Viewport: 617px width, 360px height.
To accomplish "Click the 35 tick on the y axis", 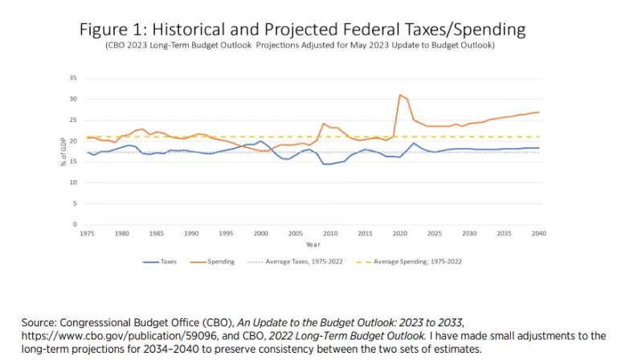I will pyautogui.click(x=73, y=78).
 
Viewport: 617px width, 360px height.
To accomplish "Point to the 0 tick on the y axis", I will pyautogui.click(x=75, y=224).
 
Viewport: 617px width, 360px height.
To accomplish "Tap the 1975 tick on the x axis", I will pyautogui.click(x=87, y=233).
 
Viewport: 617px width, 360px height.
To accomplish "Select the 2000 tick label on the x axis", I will pyautogui.click(x=261, y=233).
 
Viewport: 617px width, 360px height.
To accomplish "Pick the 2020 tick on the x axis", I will pyautogui.click(x=399, y=233).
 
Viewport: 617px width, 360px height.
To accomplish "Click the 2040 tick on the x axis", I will pyautogui.click(x=538, y=233).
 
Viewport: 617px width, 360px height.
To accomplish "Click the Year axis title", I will pyautogui.click(x=312, y=244).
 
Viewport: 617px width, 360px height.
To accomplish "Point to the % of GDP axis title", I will pyautogui.click(x=63, y=151).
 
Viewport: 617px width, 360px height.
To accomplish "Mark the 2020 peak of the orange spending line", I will pyautogui.click(x=400, y=95).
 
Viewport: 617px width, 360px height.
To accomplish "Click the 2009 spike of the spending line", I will pyautogui.click(x=324, y=124).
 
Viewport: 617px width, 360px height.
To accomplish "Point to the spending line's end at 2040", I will pyautogui.click(x=538, y=112).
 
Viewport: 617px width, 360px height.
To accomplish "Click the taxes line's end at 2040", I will pyautogui.click(x=538, y=148).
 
